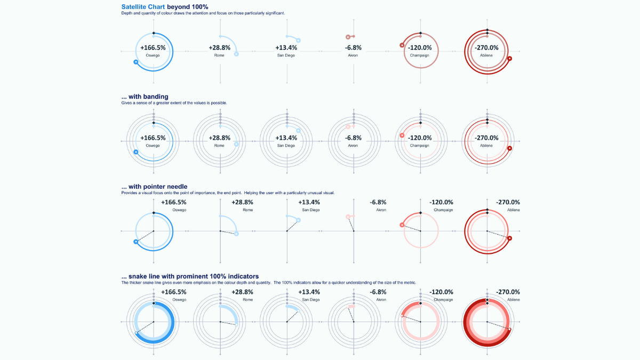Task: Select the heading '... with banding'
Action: pyautogui.click(x=145, y=97)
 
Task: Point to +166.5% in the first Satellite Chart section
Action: pyautogui.click(x=153, y=47)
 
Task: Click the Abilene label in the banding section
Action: pyautogui.click(x=486, y=146)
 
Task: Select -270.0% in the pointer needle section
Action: pyautogui.click(x=509, y=202)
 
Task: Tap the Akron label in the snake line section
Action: pyautogui.click(x=381, y=300)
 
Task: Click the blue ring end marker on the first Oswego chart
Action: pyautogui.click(x=137, y=62)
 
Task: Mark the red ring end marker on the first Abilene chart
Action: pyautogui.click(x=510, y=59)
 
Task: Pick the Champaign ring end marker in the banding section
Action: pyautogui.click(x=402, y=135)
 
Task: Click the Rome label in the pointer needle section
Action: pyautogui.click(x=247, y=210)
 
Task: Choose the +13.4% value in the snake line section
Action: pyautogui.click(x=309, y=292)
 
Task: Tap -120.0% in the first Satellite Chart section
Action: pyautogui.click(x=420, y=47)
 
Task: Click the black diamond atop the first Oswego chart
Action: pyautogui.click(x=154, y=34)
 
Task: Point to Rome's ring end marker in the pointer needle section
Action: pyautogui.click(x=236, y=234)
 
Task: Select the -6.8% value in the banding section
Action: pyautogui.click(x=353, y=138)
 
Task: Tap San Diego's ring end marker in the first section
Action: pyautogui.click(x=298, y=40)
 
